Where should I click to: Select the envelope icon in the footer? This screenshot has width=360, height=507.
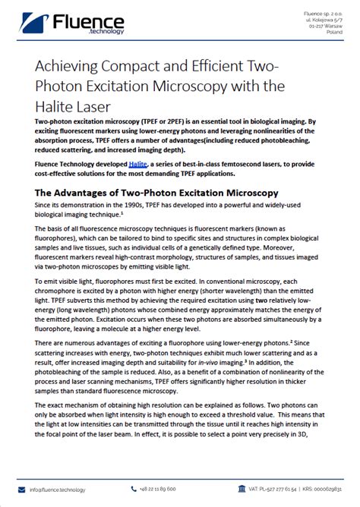click(22, 489)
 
